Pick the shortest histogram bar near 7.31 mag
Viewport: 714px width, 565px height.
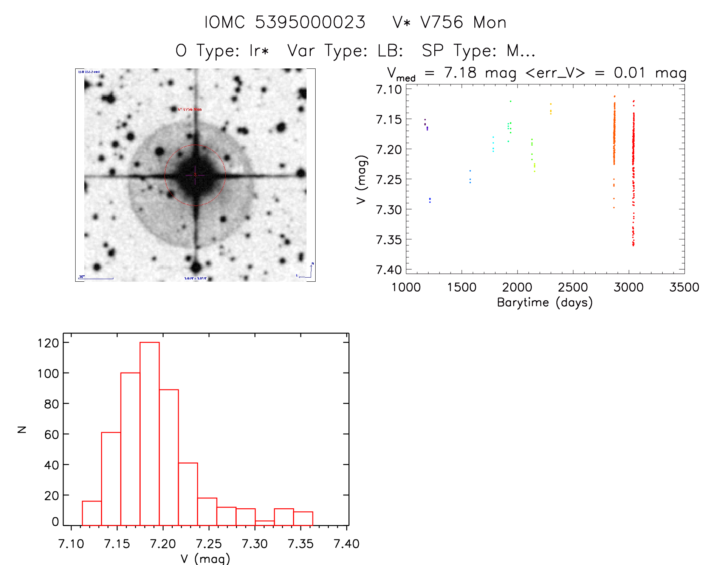click(265, 523)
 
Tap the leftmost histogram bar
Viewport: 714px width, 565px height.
click(91, 513)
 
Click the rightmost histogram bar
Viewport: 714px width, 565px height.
click(303, 518)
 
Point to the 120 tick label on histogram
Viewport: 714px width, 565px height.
click(48, 343)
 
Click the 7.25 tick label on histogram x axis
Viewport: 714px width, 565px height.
click(209, 544)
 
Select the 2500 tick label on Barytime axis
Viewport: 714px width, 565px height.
click(573, 287)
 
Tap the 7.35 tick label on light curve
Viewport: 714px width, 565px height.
click(389, 239)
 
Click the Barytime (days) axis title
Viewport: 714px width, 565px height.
click(545, 303)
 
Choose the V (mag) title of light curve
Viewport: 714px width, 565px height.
click(361, 180)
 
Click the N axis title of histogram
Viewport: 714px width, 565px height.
click(22, 429)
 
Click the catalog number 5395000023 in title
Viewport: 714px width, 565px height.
click(310, 22)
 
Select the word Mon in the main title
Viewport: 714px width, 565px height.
click(490, 22)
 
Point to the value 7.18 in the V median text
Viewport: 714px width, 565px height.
click(460, 73)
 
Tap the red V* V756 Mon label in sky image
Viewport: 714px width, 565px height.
click(190, 109)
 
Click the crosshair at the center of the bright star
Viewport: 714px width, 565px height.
click(195, 175)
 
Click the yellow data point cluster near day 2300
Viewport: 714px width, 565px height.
click(551, 109)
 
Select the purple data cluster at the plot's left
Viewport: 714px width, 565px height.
click(426, 125)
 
